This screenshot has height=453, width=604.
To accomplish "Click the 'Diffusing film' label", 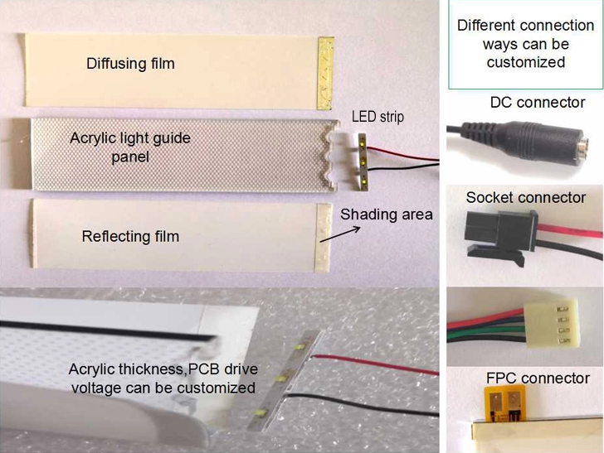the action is pyautogui.click(x=130, y=63).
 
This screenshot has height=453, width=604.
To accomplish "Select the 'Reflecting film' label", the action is pyautogui.click(x=130, y=237).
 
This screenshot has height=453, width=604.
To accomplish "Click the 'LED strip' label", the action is pyautogui.click(x=377, y=117).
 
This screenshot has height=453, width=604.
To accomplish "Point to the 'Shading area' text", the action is pyautogui.click(x=387, y=214).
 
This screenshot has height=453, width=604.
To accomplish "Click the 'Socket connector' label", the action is pyautogui.click(x=525, y=198).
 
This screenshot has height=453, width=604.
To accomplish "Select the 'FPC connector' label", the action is pyautogui.click(x=538, y=378).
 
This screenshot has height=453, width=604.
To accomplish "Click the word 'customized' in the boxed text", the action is pyautogui.click(x=526, y=62).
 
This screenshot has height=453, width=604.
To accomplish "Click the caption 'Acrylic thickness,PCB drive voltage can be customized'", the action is pyautogui.click(x=162, y=379).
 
